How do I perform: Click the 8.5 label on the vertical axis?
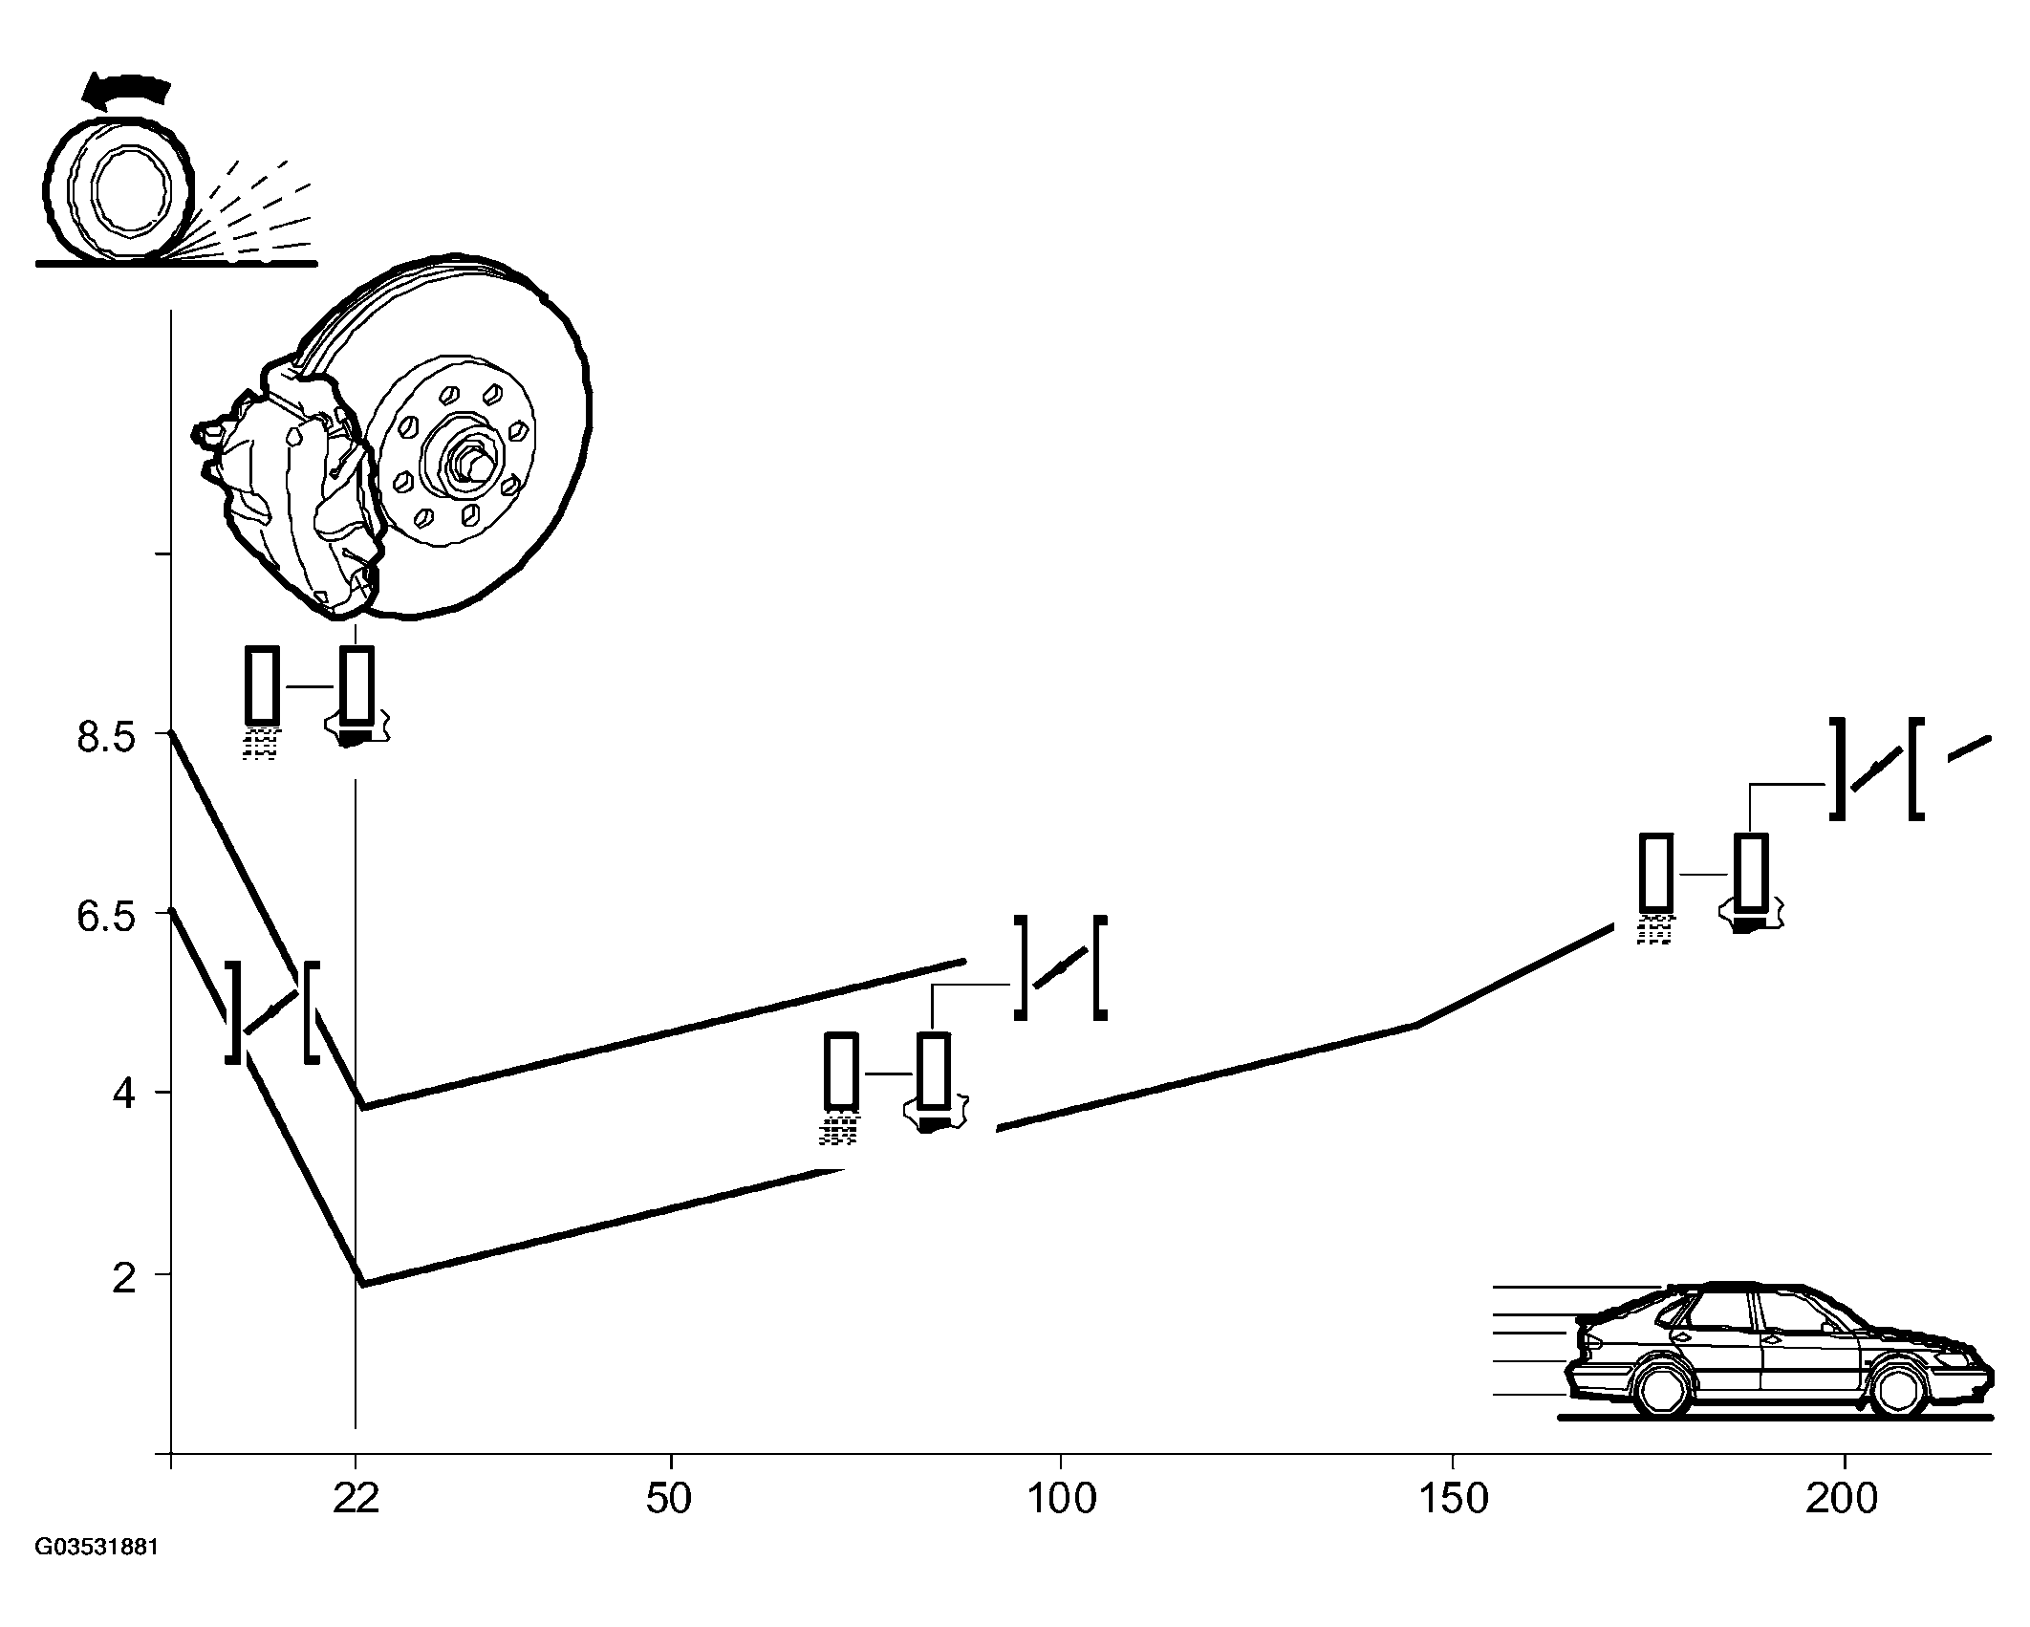click(x=108, y=739)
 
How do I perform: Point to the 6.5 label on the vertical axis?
click(x=108, y=917)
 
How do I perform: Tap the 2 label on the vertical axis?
click(x=124, y=1278)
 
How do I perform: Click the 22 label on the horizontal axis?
click(x=356, y=1499)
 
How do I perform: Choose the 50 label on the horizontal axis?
click(x=668, y=1499)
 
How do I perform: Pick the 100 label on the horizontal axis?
click(x=1061, y=1499)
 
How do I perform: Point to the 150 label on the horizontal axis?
click(x=1453, y=1499)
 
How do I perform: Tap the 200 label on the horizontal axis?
click(x=1842, y=1499)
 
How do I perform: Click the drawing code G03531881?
click(x=96, y=1574)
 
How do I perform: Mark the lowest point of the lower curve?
click(x=363, y=1284)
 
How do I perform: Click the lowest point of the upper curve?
click(x=364, y=1107)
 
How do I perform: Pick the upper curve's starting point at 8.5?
click(x=171, y=732)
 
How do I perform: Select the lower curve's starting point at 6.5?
click(x=171, y=910)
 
